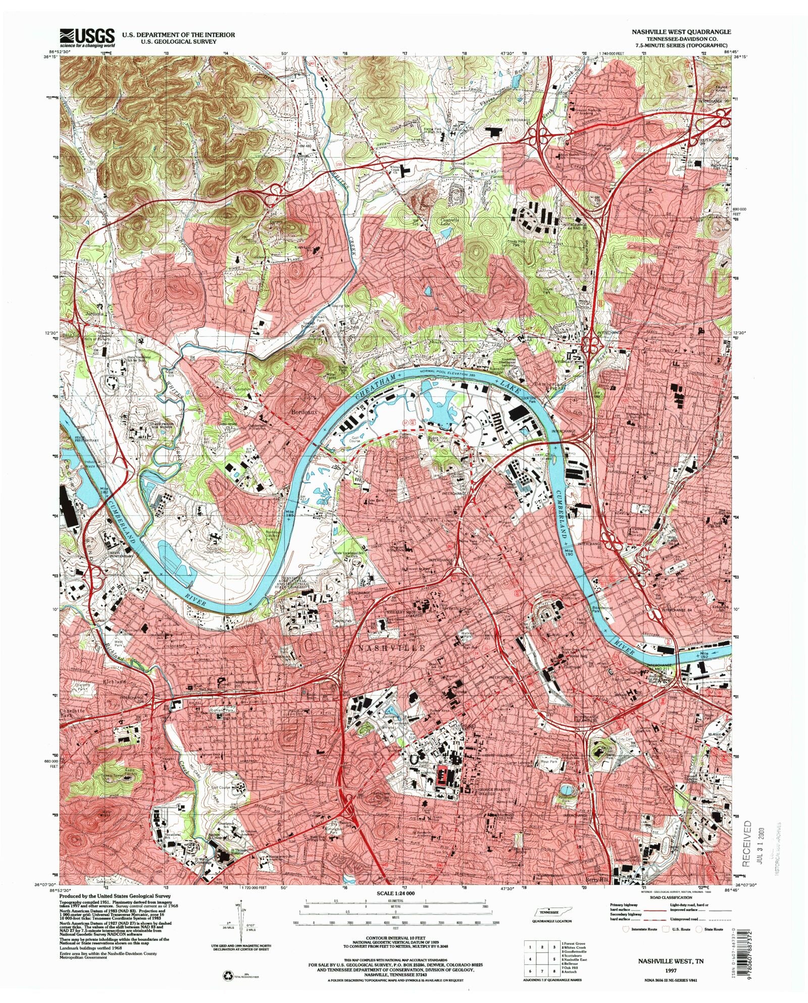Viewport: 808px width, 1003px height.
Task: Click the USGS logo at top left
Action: (87, 37)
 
